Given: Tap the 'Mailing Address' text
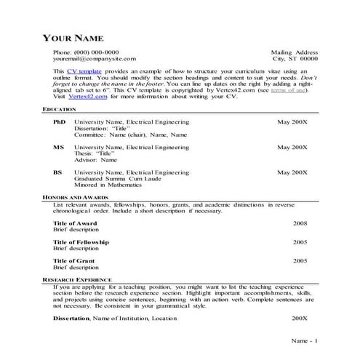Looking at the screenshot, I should pyautogui.click(x=295, y=53).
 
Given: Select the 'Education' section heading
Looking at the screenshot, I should pyautogui.click(x=60, y=108).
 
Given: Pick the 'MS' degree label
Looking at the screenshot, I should pyautogui.click(x=59, y=147).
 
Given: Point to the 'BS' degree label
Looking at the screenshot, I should pyautogui.click(x=58, y=172).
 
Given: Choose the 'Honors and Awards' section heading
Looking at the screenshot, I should pyautogui.click(x=74, y=198).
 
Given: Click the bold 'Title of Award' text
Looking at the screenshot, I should pyautogui.click(x=75, y=223).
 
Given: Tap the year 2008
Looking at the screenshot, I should pyautogui.click(x=300, y=223).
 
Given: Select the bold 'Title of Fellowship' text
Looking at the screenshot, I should pyautogui.click(x=81, y=241).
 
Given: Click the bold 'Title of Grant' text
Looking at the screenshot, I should pyautogui.click(x=74, y=260).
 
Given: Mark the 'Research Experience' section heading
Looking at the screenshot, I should pyautogui.click(x=77, y=279).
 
